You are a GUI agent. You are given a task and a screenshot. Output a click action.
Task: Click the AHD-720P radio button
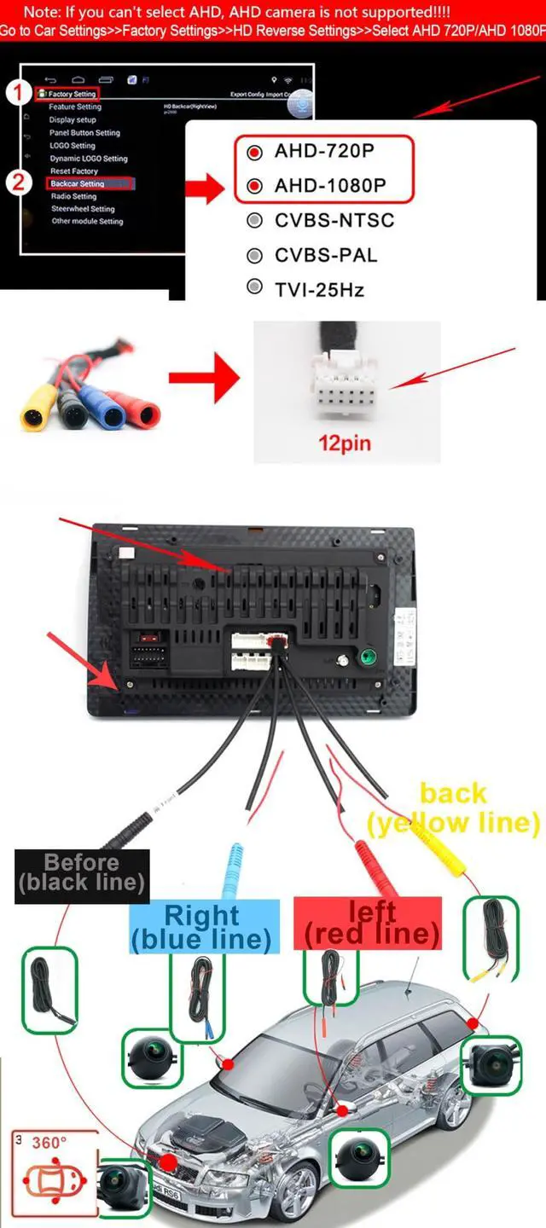click(x=254, y=153)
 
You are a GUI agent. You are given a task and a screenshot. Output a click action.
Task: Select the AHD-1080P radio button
click(x=254, y=186)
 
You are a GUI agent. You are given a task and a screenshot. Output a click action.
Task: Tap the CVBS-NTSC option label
click(x=334, y=221)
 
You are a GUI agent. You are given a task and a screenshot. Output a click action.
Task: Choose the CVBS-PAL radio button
click(x=254, y=255)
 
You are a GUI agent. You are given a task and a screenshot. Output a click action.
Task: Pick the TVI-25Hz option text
click(x=319, y=290)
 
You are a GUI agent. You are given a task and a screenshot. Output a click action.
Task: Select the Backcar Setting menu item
click(x=78, y=183)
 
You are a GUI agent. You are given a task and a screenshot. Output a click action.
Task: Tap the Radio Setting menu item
click(x=73, y=196)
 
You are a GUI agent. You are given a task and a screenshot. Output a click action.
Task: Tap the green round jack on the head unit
click(x=369, y=657)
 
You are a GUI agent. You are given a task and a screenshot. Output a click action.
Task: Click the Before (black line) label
click(x=82, y=872)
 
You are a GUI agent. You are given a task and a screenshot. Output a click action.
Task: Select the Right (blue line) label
click(x=202, y=927)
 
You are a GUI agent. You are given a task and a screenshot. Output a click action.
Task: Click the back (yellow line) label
click(x=453, y=808)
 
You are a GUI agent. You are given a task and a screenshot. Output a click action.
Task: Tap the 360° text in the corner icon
click(x=49, y=1143)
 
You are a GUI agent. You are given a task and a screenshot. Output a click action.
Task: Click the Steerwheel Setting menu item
click(x=83, y=209)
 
